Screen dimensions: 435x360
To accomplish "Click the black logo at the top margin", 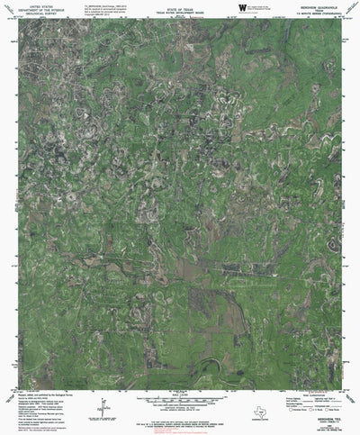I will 240,7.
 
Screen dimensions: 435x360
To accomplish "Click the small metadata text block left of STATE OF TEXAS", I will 98,8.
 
